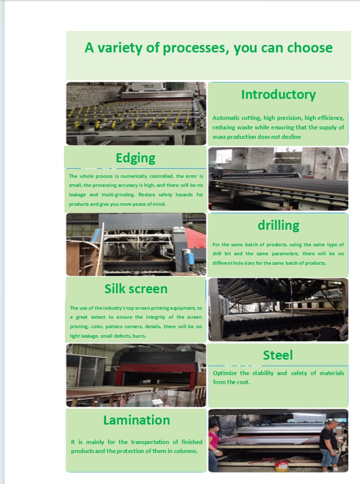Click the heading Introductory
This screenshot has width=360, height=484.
tap(278, 95)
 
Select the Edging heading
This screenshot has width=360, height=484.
tap(135, 158)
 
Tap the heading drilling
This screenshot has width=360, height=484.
tap(278, 225)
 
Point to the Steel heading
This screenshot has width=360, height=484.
tap(278, 355)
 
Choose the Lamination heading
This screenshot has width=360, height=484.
tap(136, 420)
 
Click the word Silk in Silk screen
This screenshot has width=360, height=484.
tap(114, 289)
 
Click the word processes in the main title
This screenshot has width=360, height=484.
tap(196, 48)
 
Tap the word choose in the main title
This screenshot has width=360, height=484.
tap(309, 48)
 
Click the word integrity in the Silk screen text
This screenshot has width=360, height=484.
tap(155, 317)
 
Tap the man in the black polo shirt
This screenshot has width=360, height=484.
tap(329, 443)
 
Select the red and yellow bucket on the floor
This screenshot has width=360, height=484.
tap(282, 466)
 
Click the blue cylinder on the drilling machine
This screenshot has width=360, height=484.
tap(188, 257)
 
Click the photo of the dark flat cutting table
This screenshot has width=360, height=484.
tap(278, 179)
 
